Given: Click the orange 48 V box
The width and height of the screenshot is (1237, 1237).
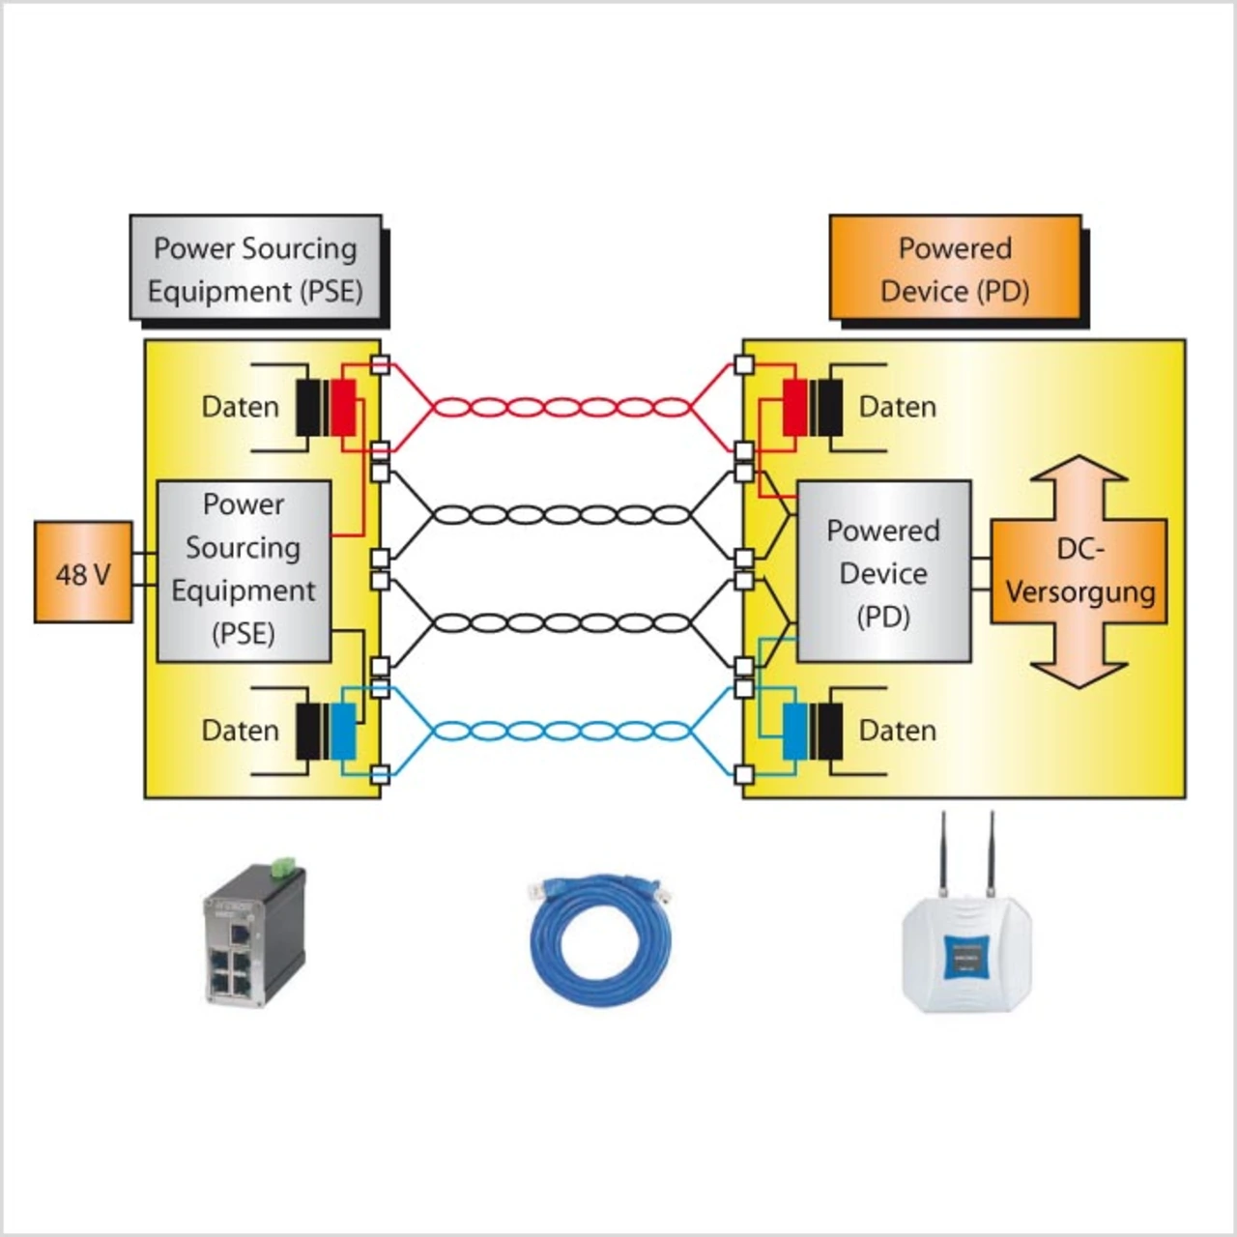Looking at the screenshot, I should click(83, 572).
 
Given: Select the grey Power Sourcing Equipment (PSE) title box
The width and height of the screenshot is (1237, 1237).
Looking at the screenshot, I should click(256, 268).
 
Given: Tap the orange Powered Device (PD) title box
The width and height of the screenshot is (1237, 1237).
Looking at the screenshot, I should click(955, 268).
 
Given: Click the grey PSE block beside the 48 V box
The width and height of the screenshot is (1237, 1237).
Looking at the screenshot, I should click(244, 570).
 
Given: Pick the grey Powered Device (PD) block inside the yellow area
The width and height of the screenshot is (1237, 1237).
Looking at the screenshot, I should click(883, 572).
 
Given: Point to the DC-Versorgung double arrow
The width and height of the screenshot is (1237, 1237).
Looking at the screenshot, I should click(1079, 572).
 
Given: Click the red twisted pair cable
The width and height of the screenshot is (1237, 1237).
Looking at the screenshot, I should click(561, 408).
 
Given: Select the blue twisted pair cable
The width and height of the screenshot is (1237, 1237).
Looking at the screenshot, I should click(561, 731).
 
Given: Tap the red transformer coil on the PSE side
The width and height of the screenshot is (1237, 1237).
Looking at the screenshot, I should click(343, 408).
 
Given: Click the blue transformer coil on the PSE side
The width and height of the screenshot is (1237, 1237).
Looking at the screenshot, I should click(343, 731).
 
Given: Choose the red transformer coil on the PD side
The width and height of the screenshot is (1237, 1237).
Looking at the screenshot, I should click(794, 408).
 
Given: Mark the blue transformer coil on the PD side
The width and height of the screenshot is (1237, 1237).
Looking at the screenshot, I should click(794, 731).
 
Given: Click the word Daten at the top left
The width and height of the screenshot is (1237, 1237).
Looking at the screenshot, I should click(240, 407).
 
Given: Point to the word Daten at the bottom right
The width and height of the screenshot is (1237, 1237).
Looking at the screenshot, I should click(898, 731).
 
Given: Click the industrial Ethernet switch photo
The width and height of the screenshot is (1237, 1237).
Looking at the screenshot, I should click(253, 937).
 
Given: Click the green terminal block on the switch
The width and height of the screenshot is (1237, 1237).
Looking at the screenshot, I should click(284, 867).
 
